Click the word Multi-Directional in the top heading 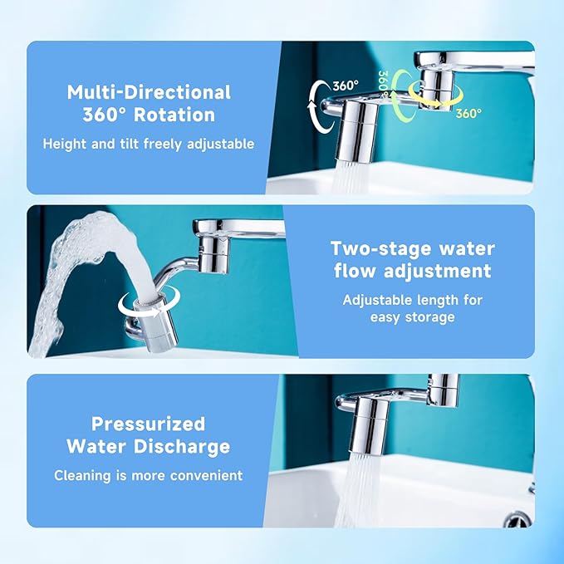tap(149, 91)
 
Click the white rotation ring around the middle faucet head tap(142, 305)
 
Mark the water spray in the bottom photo tap(365, 486)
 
